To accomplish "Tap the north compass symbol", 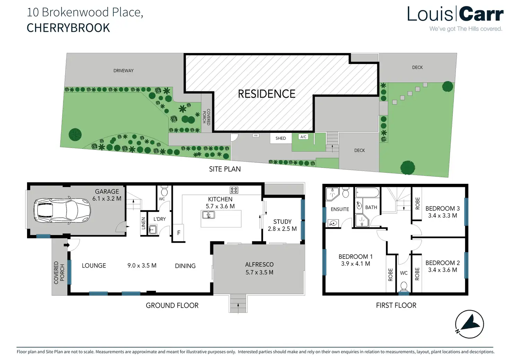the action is [x=469, y=324].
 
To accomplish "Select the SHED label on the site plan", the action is [x=281, y=138].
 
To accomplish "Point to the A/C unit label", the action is [x=303, y=137].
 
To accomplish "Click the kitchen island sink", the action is [x=208, y=215].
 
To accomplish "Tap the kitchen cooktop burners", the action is [x=234, y=190].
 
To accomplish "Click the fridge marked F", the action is [x=179, y=233].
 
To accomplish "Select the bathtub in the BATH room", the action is [x=367, y=193].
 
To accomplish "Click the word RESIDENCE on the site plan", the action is [x=266, y=94].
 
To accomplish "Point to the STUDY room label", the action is [x=282, y=222].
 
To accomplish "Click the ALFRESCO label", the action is [x=259, y=264].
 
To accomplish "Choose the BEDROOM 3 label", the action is [x=442, y=208].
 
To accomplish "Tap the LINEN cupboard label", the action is [x=143, y=223].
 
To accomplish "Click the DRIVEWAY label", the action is [x=123, y=71].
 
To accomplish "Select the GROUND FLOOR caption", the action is [x=172, y=305].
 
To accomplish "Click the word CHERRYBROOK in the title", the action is [x=68, y=28].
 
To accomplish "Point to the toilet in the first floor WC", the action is [x=404, y=287].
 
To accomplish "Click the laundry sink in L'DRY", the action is [x=152, y=229].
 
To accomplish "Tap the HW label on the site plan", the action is [x=256, y=135].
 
